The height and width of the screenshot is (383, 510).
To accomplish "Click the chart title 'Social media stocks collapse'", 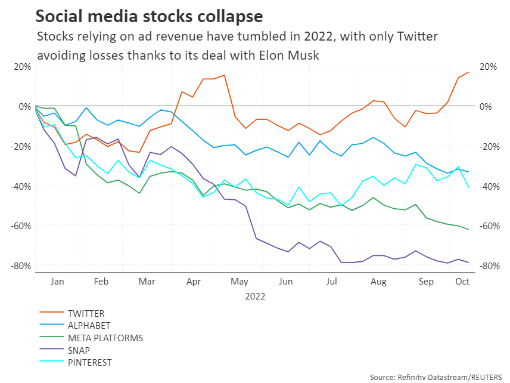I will pos(149,15).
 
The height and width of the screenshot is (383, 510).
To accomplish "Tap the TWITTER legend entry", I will pos(87,313).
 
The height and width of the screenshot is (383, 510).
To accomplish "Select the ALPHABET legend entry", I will pos(89,326).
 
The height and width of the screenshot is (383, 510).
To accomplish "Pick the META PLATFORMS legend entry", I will pos(105,338).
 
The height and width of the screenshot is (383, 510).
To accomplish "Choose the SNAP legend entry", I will pos(80,350).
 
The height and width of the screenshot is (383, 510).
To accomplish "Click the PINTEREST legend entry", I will pos(89,363).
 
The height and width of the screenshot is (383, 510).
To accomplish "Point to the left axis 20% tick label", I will pos(23,66).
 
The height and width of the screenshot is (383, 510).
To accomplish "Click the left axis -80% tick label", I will pos(20,265).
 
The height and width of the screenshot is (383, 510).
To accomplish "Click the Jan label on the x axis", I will pos(57,281).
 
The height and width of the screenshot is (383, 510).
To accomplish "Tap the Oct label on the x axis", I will pos(462,281).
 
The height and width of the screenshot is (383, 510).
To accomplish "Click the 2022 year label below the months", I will pos(254,296).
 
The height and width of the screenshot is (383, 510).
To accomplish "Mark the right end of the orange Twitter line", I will pos(469,72).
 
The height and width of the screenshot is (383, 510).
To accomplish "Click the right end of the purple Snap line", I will pos(469,262).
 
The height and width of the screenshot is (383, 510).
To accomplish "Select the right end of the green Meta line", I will pos(469,230).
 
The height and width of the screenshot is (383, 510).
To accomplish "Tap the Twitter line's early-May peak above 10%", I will pos(224,75).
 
